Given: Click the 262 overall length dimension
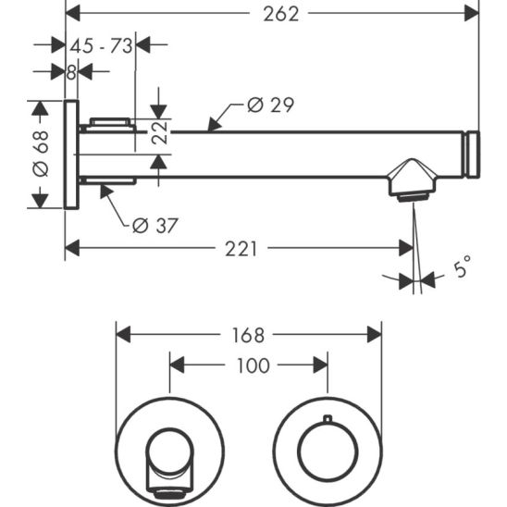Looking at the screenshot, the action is [281, 15].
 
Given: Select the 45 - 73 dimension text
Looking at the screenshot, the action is [101, 46].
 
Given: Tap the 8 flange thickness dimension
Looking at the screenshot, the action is [71, 72].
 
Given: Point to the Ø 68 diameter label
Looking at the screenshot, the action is [41, 154].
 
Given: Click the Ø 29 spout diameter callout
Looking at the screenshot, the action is [271, 105].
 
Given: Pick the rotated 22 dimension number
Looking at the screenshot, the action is [160, 132].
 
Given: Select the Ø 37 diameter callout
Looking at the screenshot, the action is [155, 226].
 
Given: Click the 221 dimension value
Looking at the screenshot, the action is [241, 249].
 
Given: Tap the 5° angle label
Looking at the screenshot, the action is [462, 266].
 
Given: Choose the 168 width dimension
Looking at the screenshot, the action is [248, 335].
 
